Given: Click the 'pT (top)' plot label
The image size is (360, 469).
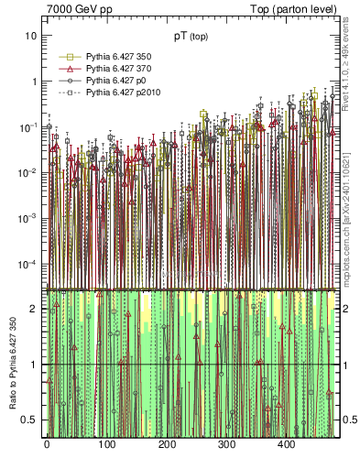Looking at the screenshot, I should [x=192, y=38].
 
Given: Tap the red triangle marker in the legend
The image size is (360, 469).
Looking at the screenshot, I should [x=66, y=69].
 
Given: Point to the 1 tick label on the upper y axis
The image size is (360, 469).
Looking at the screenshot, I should [x=34, y=81].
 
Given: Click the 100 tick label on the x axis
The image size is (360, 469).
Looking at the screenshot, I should [x=106, y=444].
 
